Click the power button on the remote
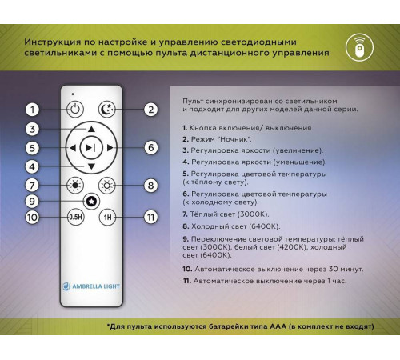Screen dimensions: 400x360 (75, 109)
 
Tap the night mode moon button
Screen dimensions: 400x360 (107, 110)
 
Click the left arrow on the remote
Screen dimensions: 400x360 (73, 148)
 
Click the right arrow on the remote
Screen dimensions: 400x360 (110, 148)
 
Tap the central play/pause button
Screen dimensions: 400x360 (91, 148)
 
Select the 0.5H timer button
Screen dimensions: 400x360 (75, 217)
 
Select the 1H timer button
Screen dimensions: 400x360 (107, 217)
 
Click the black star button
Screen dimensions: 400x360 (91, 202)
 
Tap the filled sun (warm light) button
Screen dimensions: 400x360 (75, 186)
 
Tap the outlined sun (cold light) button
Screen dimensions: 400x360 (107, 186)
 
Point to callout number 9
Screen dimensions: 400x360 (32, 201)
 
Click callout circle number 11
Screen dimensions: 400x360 (150, 217)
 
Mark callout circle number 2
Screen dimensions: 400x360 (150, 110)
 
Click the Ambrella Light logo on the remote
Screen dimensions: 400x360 (91, 286)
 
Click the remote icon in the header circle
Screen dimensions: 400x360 (359, 47)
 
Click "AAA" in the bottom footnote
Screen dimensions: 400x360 (278, 326)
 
